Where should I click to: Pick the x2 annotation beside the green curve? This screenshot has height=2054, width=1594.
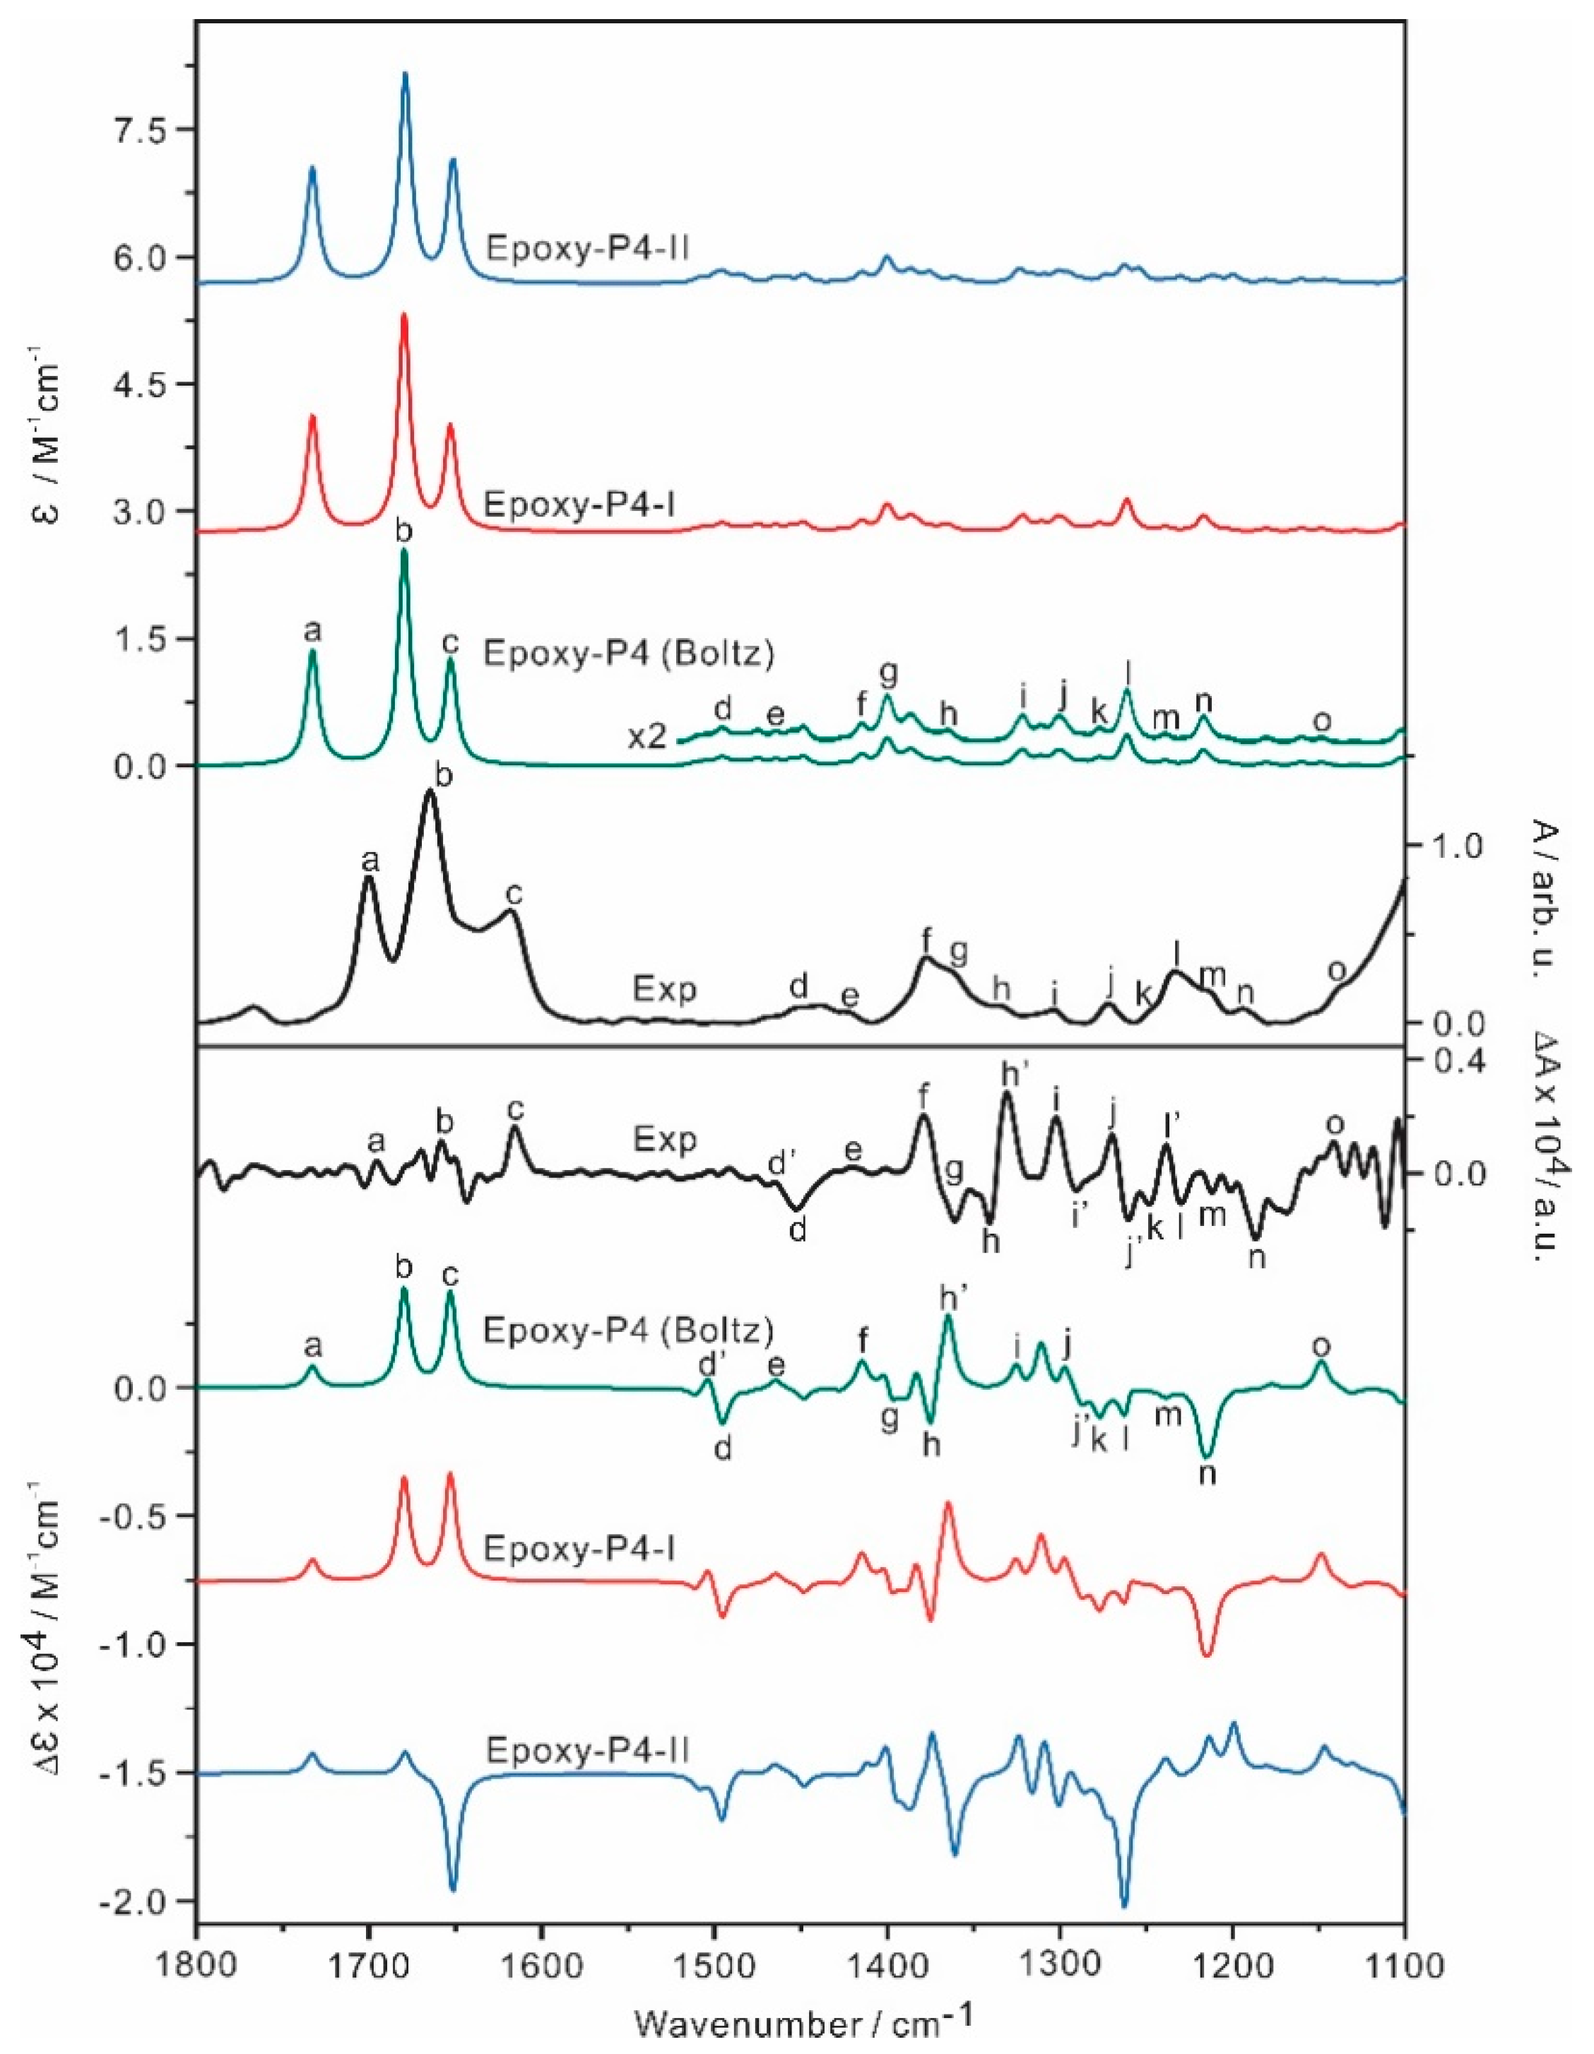click(x=648, y=736)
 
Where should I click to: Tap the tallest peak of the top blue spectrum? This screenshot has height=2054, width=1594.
click(x=406, y=74)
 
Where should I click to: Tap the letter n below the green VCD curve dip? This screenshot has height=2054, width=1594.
click(x=1208, y=1474)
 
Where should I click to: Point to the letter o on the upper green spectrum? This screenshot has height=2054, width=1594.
click(x=1321, y=721)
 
